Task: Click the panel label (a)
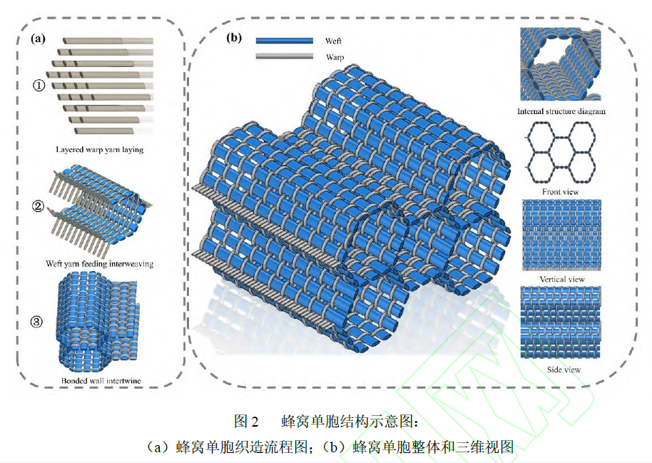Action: [37, 39]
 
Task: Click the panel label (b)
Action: [233, 39]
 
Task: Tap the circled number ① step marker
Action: [40, 85]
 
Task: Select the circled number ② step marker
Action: [40, 208]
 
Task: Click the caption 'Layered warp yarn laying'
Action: [99, 150]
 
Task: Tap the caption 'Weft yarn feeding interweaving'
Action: [99, 264]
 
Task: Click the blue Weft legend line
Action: [285, 41]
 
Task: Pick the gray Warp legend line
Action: [285, 56]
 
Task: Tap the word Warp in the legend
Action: [335, 56]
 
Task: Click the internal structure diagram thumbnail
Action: [561, 65]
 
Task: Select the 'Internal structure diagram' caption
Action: [561, 112]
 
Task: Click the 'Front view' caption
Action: [561, 192]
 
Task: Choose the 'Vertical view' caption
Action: [562, 279]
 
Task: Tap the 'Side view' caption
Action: [562, 370]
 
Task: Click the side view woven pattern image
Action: [561, 325]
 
